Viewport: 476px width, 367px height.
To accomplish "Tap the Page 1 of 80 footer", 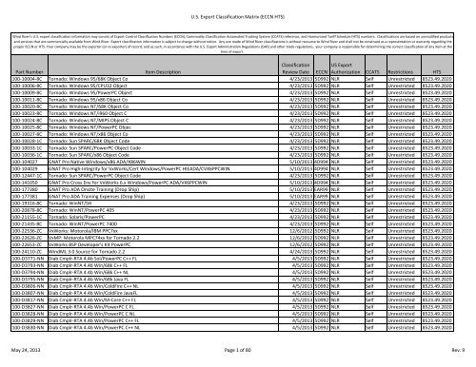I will pos(237,355).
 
